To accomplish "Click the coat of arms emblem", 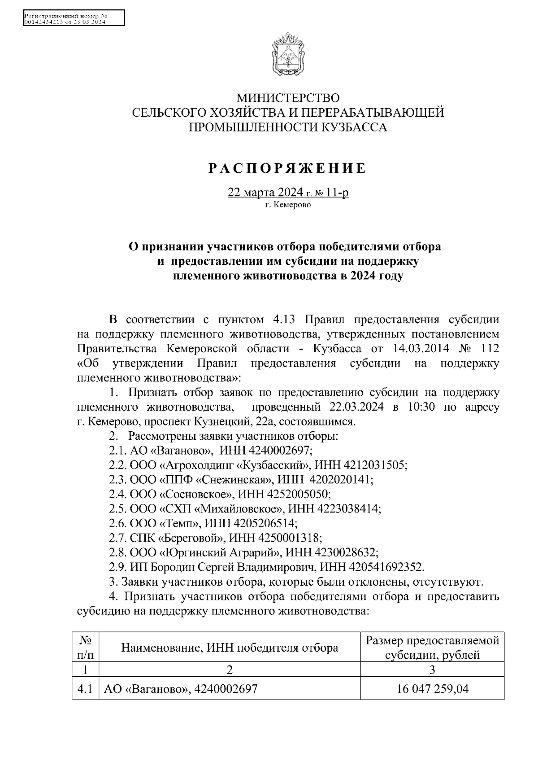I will pos(287,53).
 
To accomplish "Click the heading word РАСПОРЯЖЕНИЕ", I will pos(287,169).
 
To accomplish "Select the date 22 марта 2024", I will pos(266,193).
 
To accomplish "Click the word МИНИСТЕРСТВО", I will pos(288,97).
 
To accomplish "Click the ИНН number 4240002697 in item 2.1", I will pos(278,450).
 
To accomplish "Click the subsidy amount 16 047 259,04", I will pos(432,689).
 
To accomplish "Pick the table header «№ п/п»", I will pos(85,648).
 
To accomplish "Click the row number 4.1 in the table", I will pos(85,689).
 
